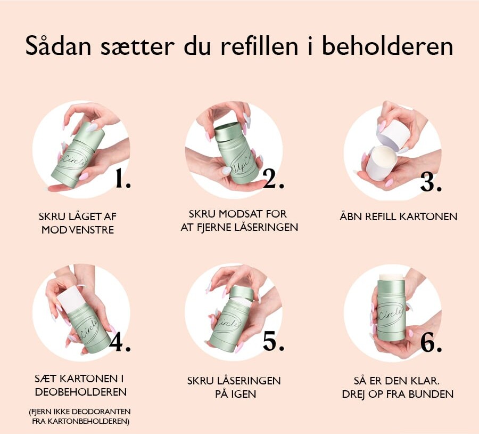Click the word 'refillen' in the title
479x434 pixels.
point(259,46)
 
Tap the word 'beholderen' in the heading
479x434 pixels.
point(387,46)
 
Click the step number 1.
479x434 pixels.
point(123,179)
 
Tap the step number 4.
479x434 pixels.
point(120,342)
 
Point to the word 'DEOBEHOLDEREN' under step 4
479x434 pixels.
point(81,392)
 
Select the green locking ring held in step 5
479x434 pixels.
point(241,293)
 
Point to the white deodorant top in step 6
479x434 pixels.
point(392,277)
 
